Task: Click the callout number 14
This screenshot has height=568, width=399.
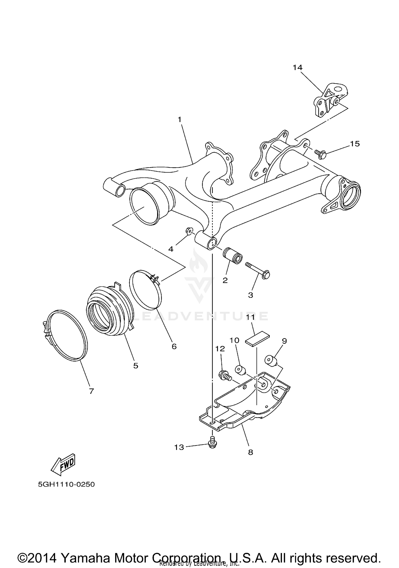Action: (297, 68)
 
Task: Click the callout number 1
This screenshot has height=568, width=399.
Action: (180, 120)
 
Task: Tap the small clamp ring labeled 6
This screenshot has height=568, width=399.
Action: (146, 290)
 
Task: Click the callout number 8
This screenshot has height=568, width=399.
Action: (251, 452)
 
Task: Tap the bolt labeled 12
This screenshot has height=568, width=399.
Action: (225, 376)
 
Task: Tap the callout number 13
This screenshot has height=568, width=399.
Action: (179, 447)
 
